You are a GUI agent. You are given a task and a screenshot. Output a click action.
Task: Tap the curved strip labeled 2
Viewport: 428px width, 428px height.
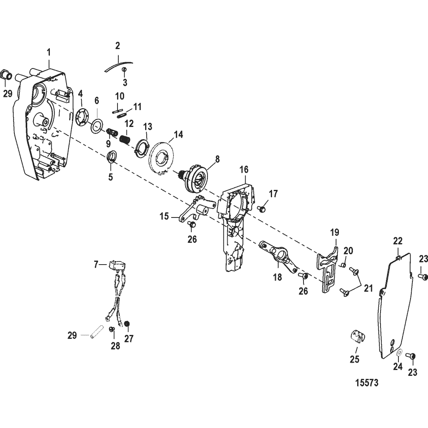pos(118,65)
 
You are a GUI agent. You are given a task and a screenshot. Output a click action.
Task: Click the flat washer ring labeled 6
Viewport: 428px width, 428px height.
pos(96,126)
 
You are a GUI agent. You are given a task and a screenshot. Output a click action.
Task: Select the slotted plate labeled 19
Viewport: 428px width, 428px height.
pos(326,269)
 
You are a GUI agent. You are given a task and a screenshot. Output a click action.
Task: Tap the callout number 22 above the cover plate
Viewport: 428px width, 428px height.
pos(397,240)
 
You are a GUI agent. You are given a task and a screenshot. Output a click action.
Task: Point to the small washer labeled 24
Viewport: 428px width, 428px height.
pos(399,353)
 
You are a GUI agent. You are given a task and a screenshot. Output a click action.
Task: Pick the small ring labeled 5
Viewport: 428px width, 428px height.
pos(111,158)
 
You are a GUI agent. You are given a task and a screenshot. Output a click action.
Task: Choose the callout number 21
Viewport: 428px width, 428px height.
pos(368,289)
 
